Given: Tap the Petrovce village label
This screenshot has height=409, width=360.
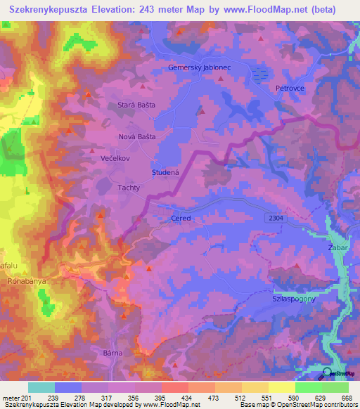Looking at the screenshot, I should (x=288, y=89).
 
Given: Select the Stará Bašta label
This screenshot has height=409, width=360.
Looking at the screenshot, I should (x=136, y=104).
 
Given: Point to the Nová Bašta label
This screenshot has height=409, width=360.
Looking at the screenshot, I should (x=136, y=136).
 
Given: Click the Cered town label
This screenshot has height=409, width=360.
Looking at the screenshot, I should (x=181, y=219).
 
